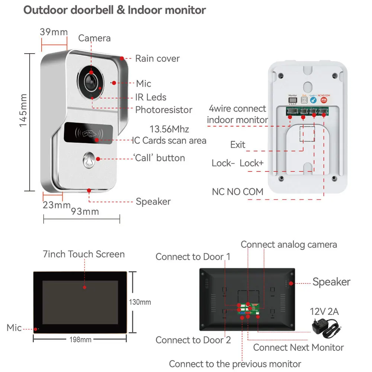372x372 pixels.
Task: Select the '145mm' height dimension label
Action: point(23,110)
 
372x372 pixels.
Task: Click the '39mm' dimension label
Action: point(54,32)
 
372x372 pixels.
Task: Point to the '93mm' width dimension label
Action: point(85,212)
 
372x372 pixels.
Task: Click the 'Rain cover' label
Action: point(157,58)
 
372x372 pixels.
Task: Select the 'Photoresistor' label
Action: point(164,110)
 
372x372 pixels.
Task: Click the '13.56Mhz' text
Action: point(169,129)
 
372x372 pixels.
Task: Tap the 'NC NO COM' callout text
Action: point(237,192)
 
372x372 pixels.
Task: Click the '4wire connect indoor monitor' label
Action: point(237,114)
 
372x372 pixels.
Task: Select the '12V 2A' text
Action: point(324,311)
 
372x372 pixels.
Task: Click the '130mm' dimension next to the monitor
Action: point(140,302)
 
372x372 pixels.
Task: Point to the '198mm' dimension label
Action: point(80,339)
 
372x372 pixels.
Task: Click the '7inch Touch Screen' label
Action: point(84,254)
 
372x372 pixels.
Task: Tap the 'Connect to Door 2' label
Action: point(193,340)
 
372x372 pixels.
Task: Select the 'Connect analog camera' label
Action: point(289,244)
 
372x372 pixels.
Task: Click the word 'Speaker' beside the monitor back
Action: point(331,282)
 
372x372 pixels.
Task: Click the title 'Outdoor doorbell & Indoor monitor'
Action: point(115,10)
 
